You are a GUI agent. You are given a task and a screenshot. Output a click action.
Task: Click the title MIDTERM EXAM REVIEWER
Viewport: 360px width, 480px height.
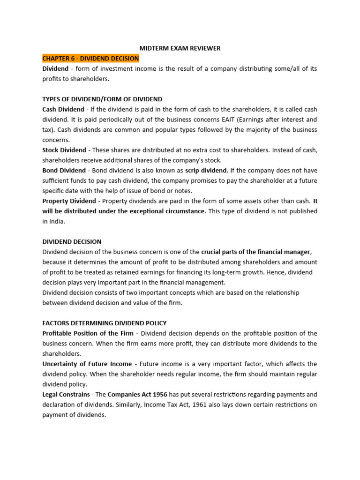pos(180,48)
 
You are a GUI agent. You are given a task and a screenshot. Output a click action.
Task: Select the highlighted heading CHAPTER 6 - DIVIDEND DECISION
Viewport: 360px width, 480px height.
pos(90,59)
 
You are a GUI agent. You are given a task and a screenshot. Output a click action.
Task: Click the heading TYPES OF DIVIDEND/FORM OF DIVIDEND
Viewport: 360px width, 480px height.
pos(102,99)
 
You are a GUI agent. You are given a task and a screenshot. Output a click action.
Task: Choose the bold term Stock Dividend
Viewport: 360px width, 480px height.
pos(64,150)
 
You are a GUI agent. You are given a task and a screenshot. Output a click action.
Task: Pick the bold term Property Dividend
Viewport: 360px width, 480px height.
pos(69,201)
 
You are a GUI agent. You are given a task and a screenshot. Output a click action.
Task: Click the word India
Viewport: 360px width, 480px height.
pos(57,221)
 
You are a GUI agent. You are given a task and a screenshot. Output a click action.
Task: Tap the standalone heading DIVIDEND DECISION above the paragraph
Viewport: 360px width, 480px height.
pos(72,242)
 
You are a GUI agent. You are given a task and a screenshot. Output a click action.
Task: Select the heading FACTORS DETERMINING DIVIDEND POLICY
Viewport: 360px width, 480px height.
pos(105,323)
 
